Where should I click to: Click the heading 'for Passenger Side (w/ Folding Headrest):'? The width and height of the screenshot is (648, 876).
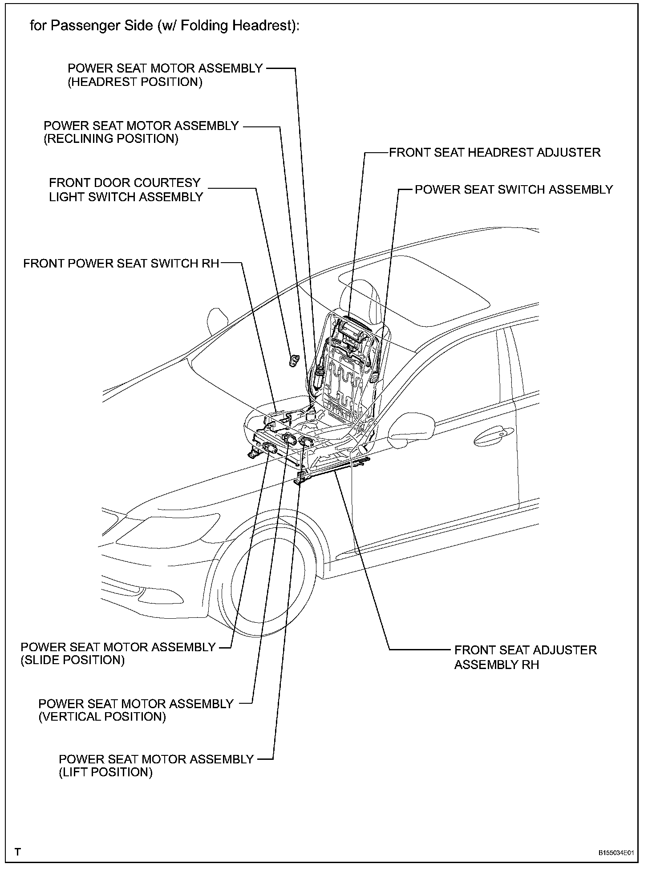point(165,26)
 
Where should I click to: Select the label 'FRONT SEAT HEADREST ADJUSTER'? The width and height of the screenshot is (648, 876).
point(494,153)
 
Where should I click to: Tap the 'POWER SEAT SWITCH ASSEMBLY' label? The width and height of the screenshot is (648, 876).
point(514,190)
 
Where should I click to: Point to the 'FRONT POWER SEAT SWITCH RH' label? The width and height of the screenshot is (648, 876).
point(121,264)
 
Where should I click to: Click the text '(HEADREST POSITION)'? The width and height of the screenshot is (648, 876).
point(135,82)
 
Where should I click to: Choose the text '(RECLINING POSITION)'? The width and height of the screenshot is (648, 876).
point(111,139)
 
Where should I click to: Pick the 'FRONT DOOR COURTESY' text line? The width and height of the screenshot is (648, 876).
point(125,182)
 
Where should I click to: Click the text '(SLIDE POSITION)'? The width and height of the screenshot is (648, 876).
point(73,660)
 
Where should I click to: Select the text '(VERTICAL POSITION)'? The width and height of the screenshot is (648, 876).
point(102,717)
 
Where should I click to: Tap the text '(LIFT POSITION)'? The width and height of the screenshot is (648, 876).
point(105,772)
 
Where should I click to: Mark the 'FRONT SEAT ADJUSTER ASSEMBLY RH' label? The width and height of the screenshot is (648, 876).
point(525,657)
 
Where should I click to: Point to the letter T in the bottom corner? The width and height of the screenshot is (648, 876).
point(17,852)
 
